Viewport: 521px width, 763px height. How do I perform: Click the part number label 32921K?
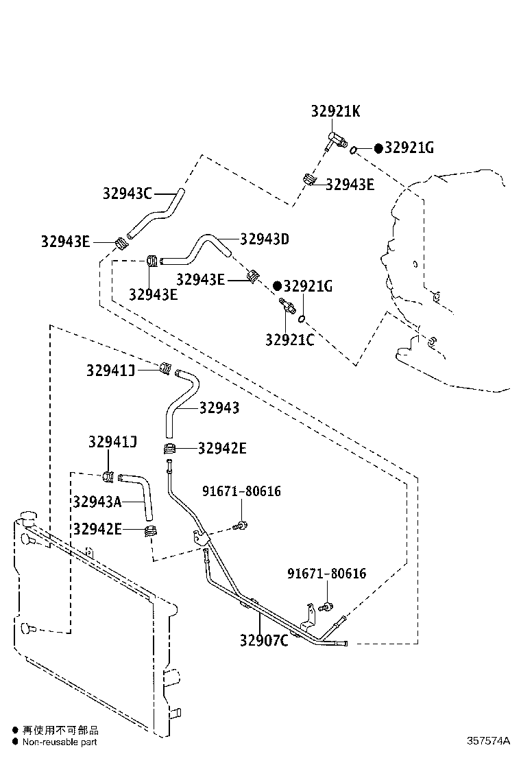(335, 111)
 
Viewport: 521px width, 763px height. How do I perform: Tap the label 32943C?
(127, 193)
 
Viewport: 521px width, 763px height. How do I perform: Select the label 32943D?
(265, 239)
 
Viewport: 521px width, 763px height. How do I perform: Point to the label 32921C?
(290, 340)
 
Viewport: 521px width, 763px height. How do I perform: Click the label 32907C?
(264, 640)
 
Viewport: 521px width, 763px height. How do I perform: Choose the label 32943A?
(97, 502)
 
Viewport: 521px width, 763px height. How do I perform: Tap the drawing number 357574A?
(488, 740)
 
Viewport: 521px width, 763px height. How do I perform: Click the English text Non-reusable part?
(60, 742)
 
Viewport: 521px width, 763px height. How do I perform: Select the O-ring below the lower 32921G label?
(302, 319)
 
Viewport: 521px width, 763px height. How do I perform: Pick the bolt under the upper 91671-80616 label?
(240, 526)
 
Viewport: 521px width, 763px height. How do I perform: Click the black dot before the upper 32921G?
(378, 148)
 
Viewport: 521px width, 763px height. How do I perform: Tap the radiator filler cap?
(27, 517)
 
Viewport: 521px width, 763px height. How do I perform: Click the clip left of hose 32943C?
(121, 242)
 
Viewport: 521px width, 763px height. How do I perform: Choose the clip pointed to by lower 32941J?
(108, 476)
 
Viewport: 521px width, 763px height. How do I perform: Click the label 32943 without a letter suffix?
(219, 408)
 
